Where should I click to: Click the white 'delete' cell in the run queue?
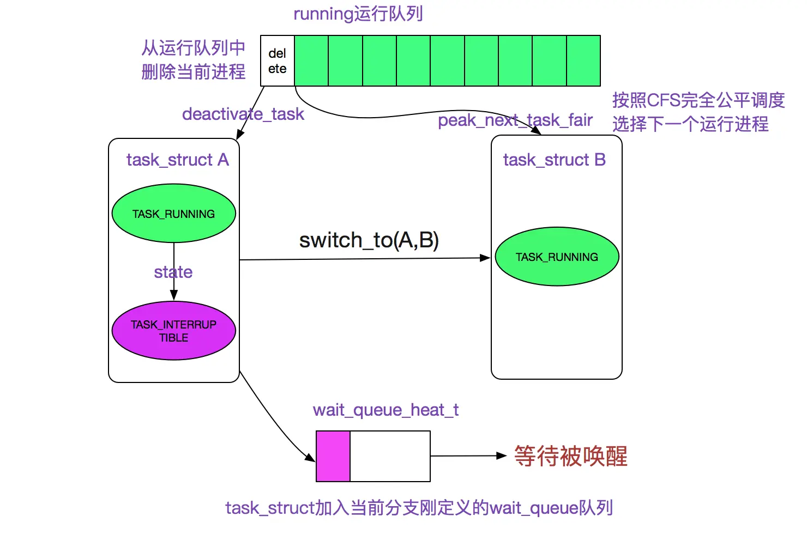[x=277, y=61]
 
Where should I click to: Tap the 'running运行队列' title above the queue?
[x=358, y=14]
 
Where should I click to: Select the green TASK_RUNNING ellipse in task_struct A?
[x=173, y=214]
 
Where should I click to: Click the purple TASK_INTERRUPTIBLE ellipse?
[x=173, y=331]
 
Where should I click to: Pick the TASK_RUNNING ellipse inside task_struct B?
[x=557, y=257]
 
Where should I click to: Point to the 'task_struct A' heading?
[x=177, y=160]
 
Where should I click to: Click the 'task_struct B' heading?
[x=554, y=160]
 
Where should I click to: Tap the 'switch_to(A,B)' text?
[x=369, y=240]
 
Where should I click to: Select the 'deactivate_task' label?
[x=243, y=114]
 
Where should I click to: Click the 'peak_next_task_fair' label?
[x=515, y=120]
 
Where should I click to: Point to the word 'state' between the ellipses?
[x=173, y=272]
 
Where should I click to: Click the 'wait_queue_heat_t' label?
[x=386, y=410]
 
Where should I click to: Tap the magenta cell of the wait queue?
[x=333, y=456]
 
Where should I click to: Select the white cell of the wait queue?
[x=390, y=456]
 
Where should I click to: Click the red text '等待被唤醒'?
[x=570, y=456]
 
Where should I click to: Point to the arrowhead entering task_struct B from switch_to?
[x=485, y=258]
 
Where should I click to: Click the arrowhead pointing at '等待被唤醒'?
[x=502, y=455]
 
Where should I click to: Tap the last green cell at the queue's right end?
[x=583, y=61]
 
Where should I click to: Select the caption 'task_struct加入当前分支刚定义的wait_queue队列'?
[x=419, y=508]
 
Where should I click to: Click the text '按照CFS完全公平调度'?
[x=698, y=100]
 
